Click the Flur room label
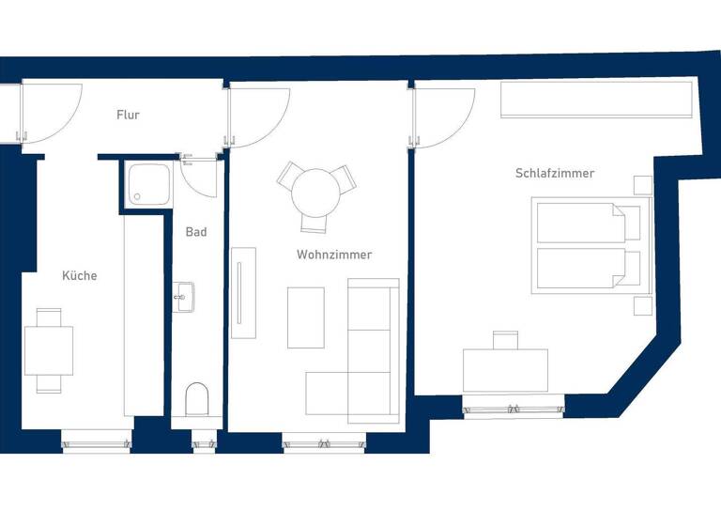[128, 116]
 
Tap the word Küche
[79, 276]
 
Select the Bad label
[195, 232]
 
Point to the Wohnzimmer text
[333, 255]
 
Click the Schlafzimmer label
[554, 174]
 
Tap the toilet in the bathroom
[197, 399]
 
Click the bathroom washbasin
[183, 295]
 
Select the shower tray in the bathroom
[149, 184]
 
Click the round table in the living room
[315, 193]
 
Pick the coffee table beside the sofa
[305, 317]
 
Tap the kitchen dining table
[48, 349]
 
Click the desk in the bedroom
[505, 371]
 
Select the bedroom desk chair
[505, 339]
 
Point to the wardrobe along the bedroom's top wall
[596, 100]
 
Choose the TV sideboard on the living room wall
[242, 292]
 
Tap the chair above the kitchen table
[48, 317]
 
